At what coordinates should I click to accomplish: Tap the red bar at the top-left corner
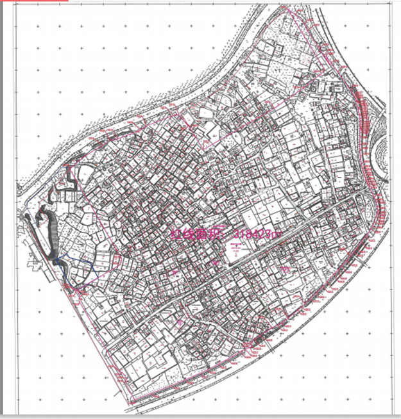[x=35, y=1]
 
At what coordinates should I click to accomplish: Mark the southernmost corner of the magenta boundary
[x=131, y=404]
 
